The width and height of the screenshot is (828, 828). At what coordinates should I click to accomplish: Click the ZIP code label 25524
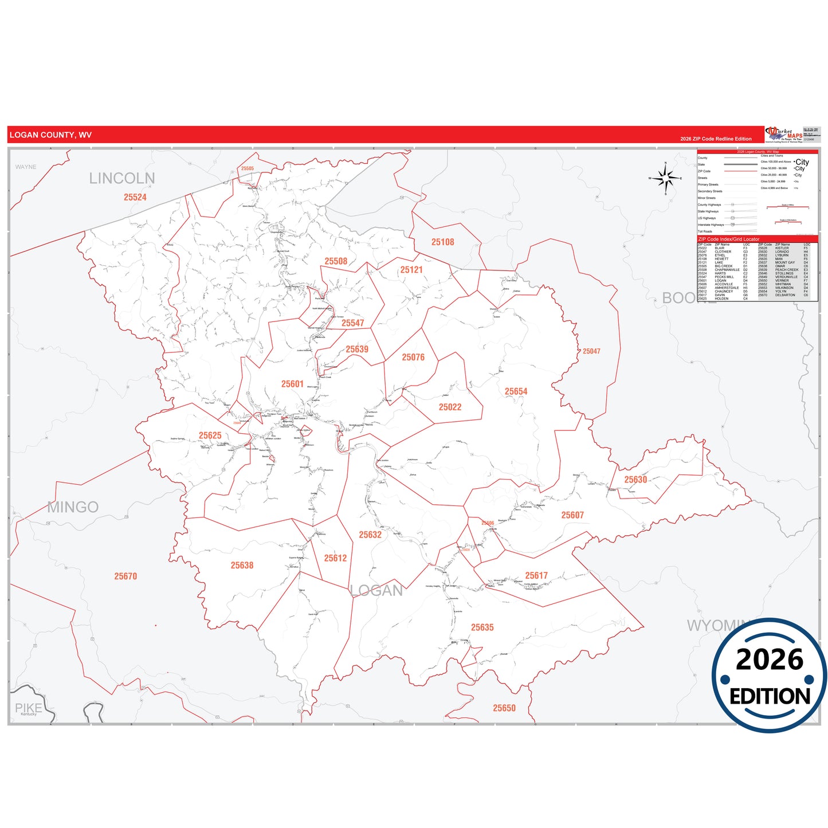click(x=135, y=197)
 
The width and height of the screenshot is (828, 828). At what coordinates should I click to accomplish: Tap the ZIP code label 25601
click(x=292, y=384)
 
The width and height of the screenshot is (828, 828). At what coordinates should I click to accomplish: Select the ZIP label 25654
click(x=516, y=391)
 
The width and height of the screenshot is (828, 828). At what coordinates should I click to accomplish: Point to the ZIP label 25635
click(x=482, y=627)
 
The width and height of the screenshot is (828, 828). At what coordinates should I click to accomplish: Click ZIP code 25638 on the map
click(x=242, y=565)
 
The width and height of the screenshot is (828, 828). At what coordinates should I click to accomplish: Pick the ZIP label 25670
click(x=125, y=576)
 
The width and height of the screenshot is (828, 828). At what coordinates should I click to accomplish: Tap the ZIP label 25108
click(x=442, y=242)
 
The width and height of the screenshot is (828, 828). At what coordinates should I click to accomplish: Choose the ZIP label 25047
click(x=591, y=351)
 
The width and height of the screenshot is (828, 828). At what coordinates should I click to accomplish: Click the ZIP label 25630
click(x=635, y=480)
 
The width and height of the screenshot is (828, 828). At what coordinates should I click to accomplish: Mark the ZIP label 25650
click(x=504, y=708)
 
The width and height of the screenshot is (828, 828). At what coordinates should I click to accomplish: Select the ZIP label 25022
click(x=450, y=407)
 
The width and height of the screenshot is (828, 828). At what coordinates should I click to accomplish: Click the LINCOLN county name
click(x=122, y=179)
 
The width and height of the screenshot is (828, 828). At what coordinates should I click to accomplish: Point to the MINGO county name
click(x=73, y=507)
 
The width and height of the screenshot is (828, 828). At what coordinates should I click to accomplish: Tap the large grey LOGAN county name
click(x=376, y=591)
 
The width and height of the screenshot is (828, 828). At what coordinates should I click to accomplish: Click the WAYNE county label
click(x=26, y=167)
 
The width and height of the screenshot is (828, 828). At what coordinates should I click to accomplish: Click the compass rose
click(x=666, y=178)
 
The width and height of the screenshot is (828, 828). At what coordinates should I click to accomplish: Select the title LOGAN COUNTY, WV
click(x=50, y=135)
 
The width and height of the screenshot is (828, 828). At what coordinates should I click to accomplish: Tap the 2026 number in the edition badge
click(x=770, y=660)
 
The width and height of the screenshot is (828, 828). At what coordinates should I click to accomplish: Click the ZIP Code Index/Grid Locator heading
click(x=728, y=239)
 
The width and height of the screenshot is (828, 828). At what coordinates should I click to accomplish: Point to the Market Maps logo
click(x=784, y=135)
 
